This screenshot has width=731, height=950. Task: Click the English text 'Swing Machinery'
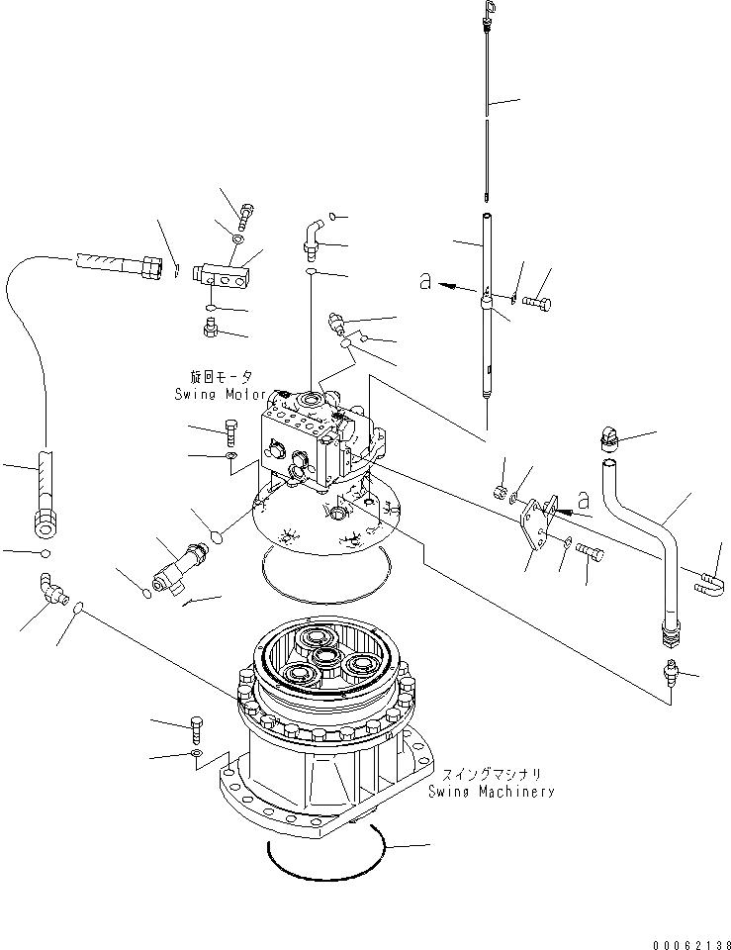(491, 791)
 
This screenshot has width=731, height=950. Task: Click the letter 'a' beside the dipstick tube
(424, 282)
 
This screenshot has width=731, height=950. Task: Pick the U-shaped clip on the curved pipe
(710, 584)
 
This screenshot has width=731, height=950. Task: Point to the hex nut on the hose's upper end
(149, 267)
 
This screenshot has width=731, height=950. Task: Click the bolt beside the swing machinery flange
(194, 728)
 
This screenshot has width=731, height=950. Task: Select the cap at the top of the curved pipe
(607, 437)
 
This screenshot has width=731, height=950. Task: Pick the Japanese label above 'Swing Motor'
(223, 377)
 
